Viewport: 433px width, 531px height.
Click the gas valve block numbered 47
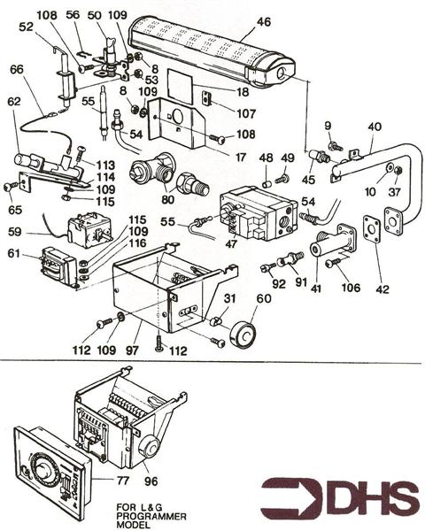(252, 213)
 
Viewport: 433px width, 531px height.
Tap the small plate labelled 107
(205, 99)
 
